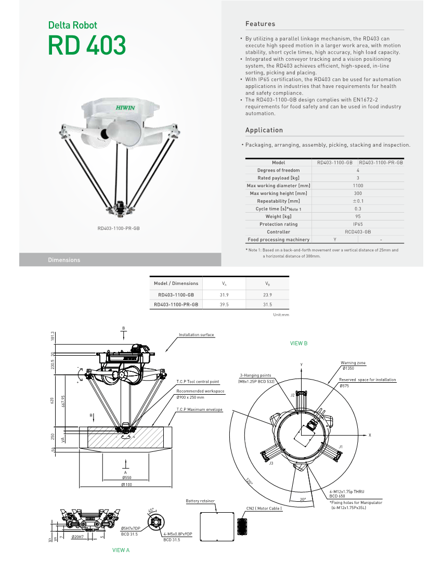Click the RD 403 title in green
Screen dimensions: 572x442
(x=87, y=46)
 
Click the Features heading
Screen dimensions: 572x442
(x=260, y=24)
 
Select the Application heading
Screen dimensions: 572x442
(x=264, y=130)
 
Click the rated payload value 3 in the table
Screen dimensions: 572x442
(x=358, y=178)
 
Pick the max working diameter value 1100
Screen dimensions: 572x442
(x=358, y=186)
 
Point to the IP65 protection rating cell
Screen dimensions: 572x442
(x=358, y=224)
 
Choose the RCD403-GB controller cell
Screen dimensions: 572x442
(x=358, y=232)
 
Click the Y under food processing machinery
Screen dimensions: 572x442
(x=334, y=240)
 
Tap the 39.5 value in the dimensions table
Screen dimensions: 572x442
(x=224, y=305)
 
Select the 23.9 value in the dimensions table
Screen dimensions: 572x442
(x=268, y=294)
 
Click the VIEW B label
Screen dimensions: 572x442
(x=298, y=344)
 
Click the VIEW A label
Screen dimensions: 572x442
(x=121, y=550)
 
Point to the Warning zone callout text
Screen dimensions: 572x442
(x=353, y=363)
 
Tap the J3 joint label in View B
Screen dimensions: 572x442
(x=271, y=463)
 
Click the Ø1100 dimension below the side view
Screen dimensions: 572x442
(x=126, y=485)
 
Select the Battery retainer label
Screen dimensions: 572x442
(x=200, y=501)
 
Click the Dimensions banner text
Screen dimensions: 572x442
(x=64, y=260)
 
